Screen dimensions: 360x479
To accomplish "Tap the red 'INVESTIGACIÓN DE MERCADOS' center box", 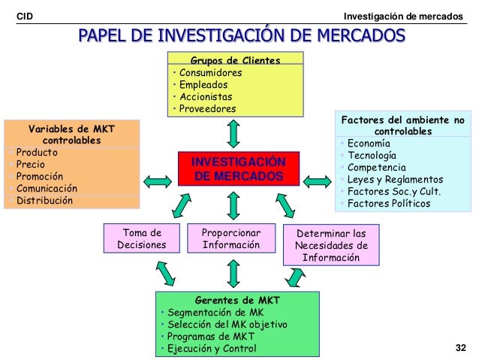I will coord(238,169).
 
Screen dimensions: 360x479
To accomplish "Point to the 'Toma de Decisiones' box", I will coord(141,238).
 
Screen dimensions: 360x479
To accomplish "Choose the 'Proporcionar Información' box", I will coord(231,238).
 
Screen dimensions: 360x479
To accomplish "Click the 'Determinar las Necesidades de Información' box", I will coord(331,245).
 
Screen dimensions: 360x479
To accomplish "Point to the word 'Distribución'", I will coord(45,201).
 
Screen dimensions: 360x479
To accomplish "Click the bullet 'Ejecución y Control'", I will coord(212,349).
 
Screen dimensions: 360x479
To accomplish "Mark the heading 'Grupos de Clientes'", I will coord(234,60).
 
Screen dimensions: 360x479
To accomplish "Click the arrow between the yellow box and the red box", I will coord(233,133).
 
